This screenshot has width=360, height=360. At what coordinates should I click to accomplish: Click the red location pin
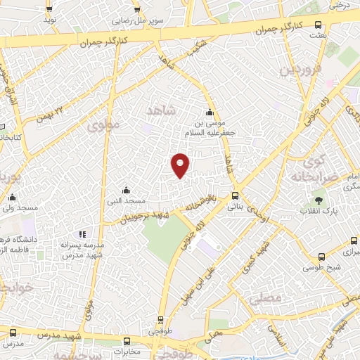pos(181,165)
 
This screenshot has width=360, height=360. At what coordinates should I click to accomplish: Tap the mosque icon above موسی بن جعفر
pos(209,112)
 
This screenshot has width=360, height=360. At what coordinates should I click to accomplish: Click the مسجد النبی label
pos(125,200)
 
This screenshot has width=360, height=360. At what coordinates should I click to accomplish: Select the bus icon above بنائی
pos(235,196)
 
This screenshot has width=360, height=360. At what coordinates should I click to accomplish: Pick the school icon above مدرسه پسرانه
pos(82,233)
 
